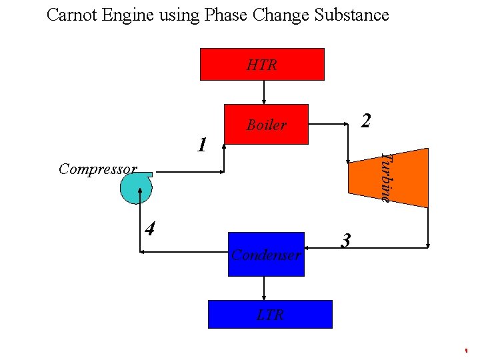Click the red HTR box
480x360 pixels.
pyautogui.click(x=262, y=64)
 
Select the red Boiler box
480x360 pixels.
pyautogui.click(x=266, y=125)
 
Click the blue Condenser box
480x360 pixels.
pyautogui.click(x=266, y=254)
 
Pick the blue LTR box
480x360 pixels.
pyautogui.click(x=269, y=314)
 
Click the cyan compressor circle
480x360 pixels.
pyautogui.click(x=135, y=189)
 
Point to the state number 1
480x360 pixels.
pyautogui.click(x=201, y=145)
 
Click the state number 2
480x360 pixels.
pyautogui.click(x=365, y=121)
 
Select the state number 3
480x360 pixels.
pyautogui.click(x=345, y=240)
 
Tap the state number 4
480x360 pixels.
pyautogui.click(x=151, y=229)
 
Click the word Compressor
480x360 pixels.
pyautogui.click(x=97, y=169)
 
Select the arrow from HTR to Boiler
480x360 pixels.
pyautogui.click(x=265, y=92)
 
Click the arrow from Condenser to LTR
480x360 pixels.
pyautogui.click(x=265, y=288)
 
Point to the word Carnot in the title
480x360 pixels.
pyautogui.click(x=73, y=15)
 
